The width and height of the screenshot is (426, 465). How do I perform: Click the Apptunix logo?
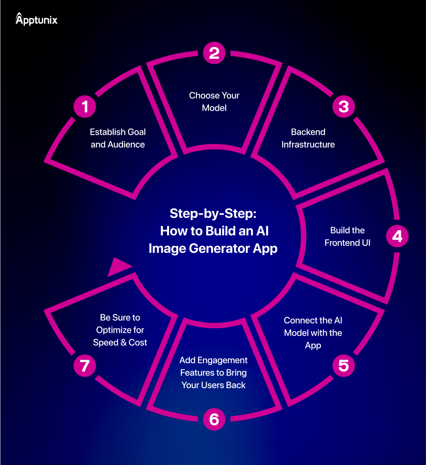tap(37, 19)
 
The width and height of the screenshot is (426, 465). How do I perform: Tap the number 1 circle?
tap(85, 107)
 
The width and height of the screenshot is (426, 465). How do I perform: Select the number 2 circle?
tap(214, 53)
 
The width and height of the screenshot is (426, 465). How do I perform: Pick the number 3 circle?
tap(343, 107)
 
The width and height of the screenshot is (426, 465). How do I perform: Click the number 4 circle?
tap(397, 236)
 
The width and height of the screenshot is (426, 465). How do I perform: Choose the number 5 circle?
tap(343, 366)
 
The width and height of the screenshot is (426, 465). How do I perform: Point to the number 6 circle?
tap(214, 419)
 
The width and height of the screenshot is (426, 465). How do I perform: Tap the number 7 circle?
tap(85, 366)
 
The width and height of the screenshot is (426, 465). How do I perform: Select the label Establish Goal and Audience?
tap(118, 138)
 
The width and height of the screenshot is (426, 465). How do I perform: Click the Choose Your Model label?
tap(214, 101)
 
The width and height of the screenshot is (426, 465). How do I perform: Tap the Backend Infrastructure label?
tap(308, 138)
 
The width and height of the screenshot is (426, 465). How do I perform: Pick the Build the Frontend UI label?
tap(347, 236)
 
